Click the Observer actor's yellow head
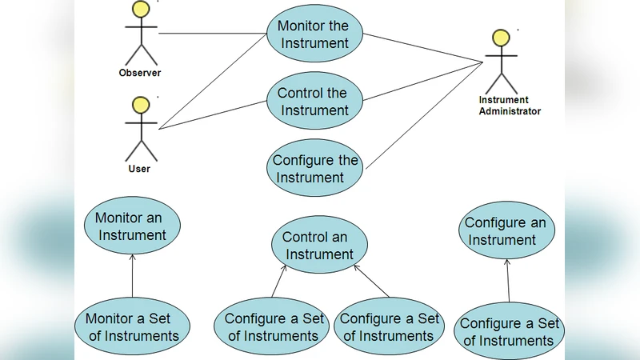pos(141,9)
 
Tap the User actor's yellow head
pos(141,106)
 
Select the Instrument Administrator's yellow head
pos(501,38)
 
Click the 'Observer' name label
pos(140,73)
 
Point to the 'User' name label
pos(139,169)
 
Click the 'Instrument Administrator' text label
pos(509,106)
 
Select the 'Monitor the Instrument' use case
pos(314,34)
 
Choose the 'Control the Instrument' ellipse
pos(314,102)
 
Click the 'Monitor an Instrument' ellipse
pos(132,226)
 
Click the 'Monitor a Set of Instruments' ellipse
pos(133,327)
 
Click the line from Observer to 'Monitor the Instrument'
pos(212,34)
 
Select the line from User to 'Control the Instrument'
pos(212,114)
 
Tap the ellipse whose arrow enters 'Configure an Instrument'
pos(509,332)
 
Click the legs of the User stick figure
pos(141,150)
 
